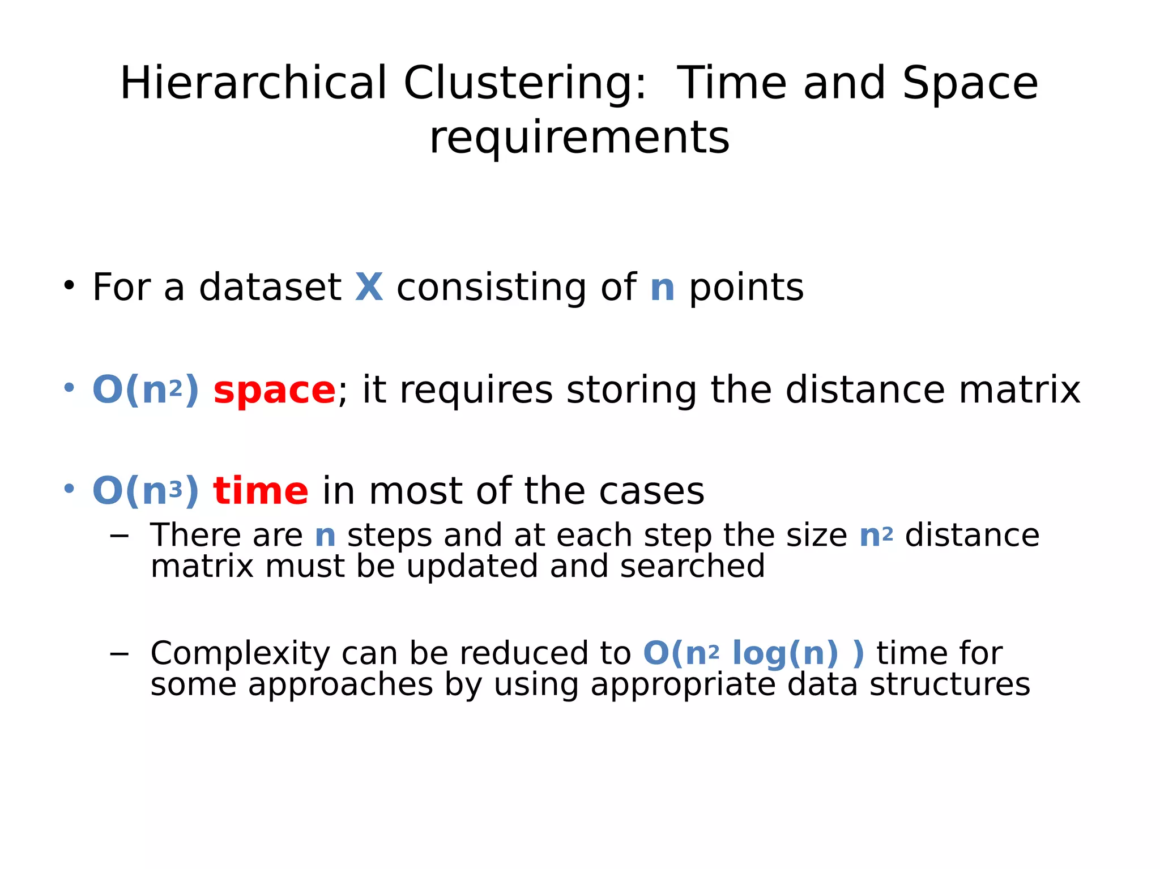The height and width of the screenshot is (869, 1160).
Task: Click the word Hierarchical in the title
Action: click(x=253, y=83)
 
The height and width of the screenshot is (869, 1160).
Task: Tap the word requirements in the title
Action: click(x=579, y=138)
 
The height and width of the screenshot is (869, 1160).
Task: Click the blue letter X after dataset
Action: click(x=369, y=287)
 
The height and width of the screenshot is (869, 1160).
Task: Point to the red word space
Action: click(x=275, y=391)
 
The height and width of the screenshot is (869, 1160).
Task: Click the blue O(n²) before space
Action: click(x=146, y=390)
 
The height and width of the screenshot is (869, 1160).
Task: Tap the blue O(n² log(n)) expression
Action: click(x=754, y=653)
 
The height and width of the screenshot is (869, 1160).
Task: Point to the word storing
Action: click(x=632, y=390)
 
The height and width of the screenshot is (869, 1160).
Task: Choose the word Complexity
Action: click(x=240, y=653)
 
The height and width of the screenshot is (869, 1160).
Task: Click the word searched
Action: click(x=692, y=566)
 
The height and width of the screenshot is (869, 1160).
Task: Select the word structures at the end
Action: click(x=949, y=684)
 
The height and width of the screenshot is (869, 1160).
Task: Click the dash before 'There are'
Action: click(x=120, y=535)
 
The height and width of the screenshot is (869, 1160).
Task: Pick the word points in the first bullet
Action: click(x=746, y=287)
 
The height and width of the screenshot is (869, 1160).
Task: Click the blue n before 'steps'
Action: click(x=325, y=536)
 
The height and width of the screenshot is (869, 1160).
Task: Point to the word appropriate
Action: click(x=683, y=684)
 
